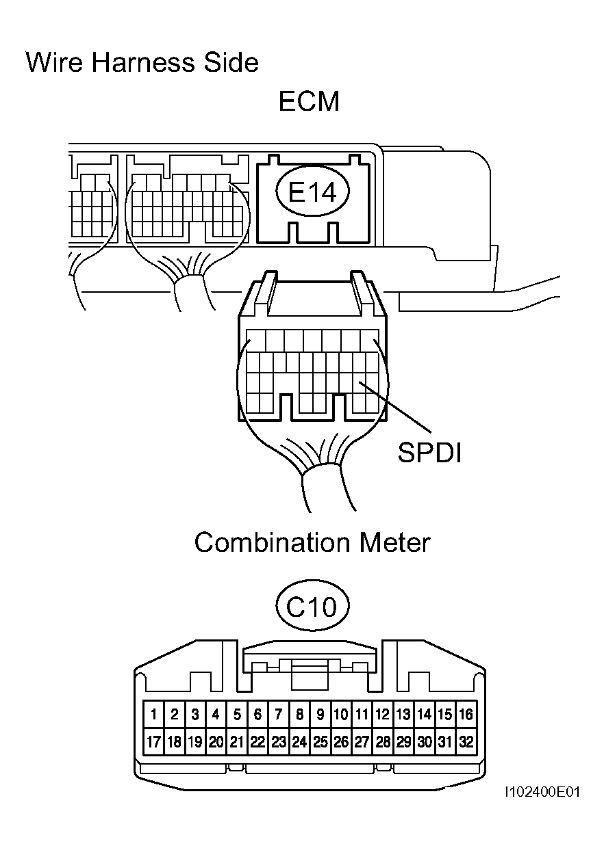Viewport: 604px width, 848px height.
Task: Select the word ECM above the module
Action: click(x=309, y=101)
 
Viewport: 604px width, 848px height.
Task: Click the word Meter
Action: click(x=394, y=542)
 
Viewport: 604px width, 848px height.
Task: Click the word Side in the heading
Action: click(x=231, y=62)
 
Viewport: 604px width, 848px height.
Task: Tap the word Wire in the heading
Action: click(x=54, y=62)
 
